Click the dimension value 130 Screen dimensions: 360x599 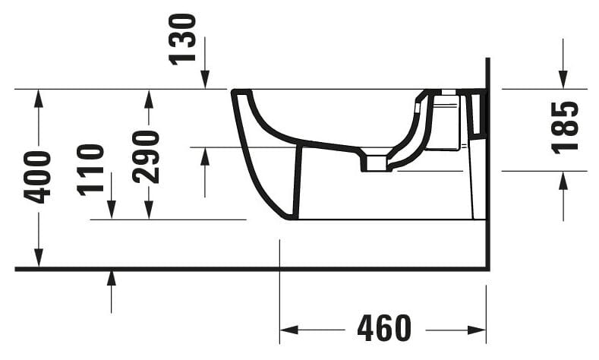click(x=183, y=39)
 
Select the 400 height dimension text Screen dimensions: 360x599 click(x=37, y=177)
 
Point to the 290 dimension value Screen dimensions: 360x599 click(x=146, y=156)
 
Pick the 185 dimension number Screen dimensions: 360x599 click(x=565, y=127)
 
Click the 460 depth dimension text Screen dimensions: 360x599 click(x=383, y=329)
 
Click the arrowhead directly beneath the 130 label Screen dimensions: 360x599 click(x=205, y=81)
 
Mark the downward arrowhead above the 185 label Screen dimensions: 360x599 click(x=563, y=80)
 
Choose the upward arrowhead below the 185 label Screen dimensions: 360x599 click(x=563, y=180)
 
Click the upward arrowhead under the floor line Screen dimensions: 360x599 click(x=112, y=278)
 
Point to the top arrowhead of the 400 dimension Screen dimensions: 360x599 click(x=38, y=98)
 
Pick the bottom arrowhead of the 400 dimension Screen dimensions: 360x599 click(x=38, y=260)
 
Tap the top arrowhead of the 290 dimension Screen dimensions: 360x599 click(x=149, y=98)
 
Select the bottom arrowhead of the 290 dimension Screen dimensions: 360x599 click(x=149, y=210)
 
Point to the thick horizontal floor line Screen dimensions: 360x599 click(x=251, y=269)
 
